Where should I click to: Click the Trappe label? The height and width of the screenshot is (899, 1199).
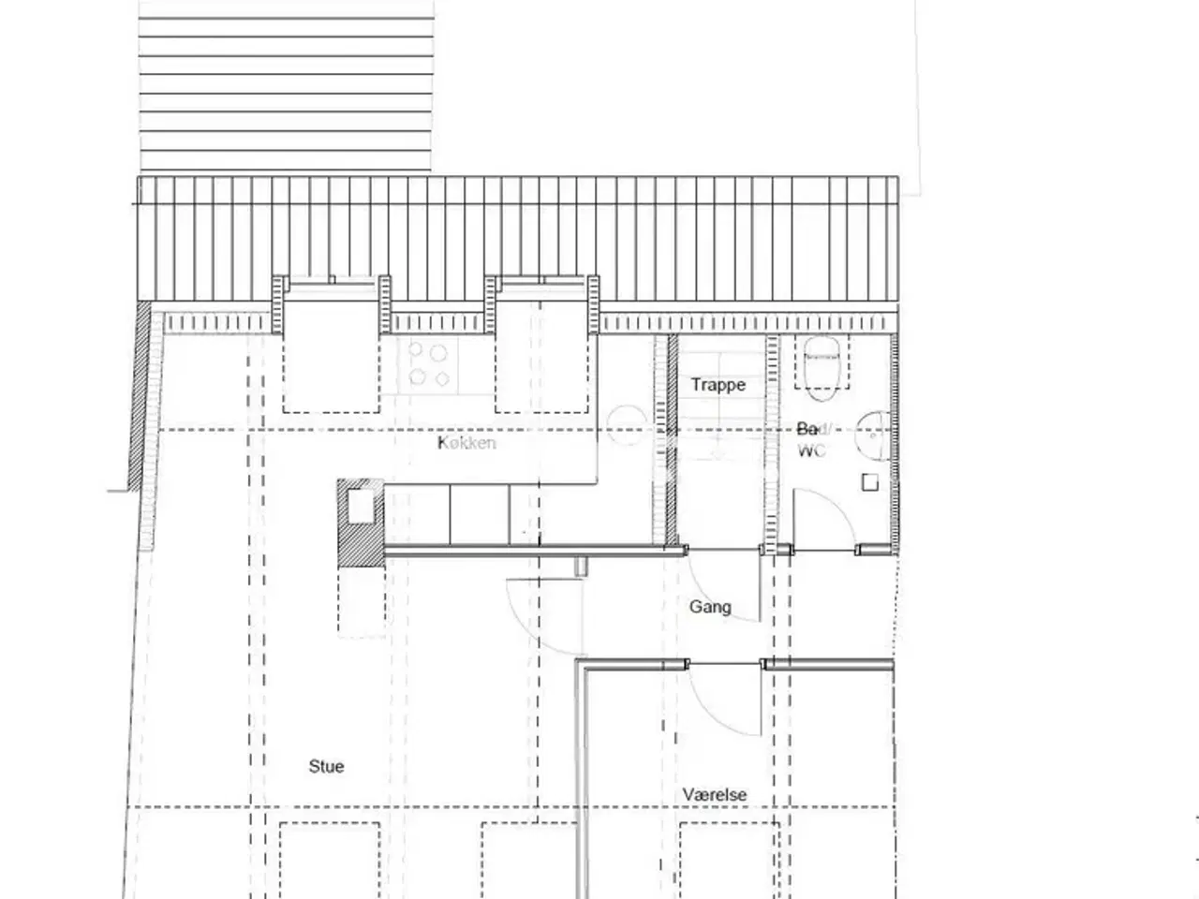tap(718, 385)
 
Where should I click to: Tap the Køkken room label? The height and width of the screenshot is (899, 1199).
tap(466, 443)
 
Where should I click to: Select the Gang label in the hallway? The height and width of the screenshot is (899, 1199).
tap(710, 607)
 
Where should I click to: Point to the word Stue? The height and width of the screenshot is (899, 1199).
tap(326, 766)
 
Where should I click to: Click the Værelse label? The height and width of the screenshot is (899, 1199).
tap(715, 795)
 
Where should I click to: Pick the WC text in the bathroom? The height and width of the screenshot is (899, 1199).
tap(811, 450)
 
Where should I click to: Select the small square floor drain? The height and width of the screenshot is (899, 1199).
tap(870, 483)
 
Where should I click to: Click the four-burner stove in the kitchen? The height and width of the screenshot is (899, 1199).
tap(430, 365)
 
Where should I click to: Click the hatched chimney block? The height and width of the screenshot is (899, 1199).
tap(361, 523)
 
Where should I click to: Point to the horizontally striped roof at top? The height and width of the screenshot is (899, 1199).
tap(286, 84)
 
